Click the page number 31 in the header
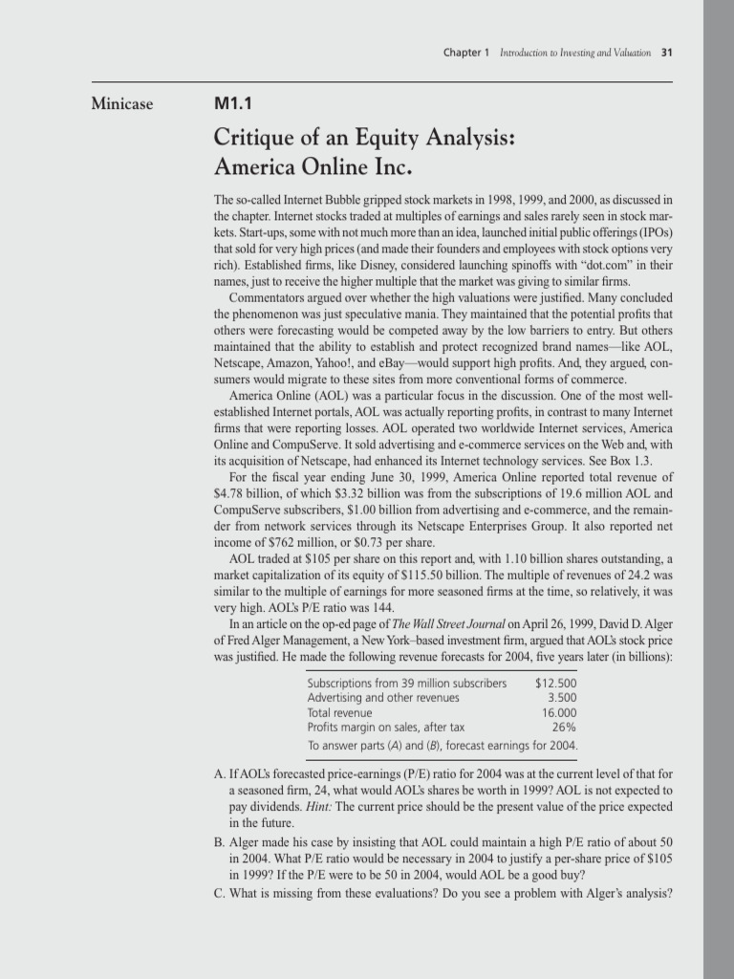pos(668,52)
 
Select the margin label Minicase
pos(121,103)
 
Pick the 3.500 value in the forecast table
pos(560,698)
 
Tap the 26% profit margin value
pos(564,727)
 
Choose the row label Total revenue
pos(339,712)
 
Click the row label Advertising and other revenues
pos(369,698)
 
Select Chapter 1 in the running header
pos(466,52)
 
